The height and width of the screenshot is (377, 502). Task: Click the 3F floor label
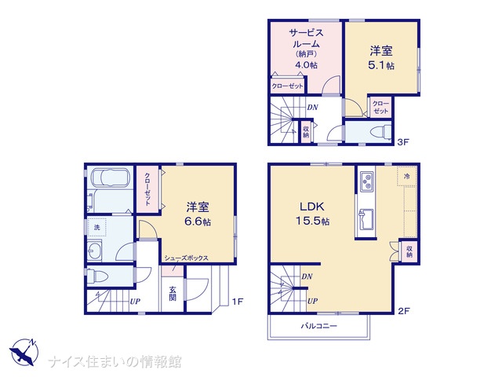tap(402, 141)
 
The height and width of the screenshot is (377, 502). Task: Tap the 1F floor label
tap(238, 302)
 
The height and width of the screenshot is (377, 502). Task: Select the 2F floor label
tap(404, 311)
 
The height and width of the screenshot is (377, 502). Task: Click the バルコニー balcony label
tap(318, 326)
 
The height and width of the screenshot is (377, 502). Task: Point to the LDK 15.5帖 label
tap(312, 214)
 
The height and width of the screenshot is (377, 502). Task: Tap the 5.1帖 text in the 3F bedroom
tap(381, 65)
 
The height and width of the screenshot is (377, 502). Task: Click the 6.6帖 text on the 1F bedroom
tap(198, 221)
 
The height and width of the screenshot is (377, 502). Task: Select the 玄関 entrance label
tap(173, 293)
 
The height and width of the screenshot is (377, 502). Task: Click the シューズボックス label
tap(187, 258)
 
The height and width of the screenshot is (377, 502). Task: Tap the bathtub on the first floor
tap(110, 177)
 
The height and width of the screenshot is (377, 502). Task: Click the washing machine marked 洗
tap(96, 227)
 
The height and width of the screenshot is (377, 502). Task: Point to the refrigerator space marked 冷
tap(407, 176)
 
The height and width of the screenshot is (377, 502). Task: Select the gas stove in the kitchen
tap(366, 181)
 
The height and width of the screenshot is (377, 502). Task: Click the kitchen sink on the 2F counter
tap(366, 219)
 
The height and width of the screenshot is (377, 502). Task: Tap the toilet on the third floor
tap(380, 131)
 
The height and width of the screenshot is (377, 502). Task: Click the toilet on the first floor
tap(97, 276)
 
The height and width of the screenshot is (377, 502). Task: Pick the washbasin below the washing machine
tap(94, 251)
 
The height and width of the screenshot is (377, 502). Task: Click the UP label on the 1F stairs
tap(135, 302)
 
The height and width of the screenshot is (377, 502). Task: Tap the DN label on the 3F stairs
tap(312, 107)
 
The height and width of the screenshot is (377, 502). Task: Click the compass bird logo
tap(24, 352)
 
